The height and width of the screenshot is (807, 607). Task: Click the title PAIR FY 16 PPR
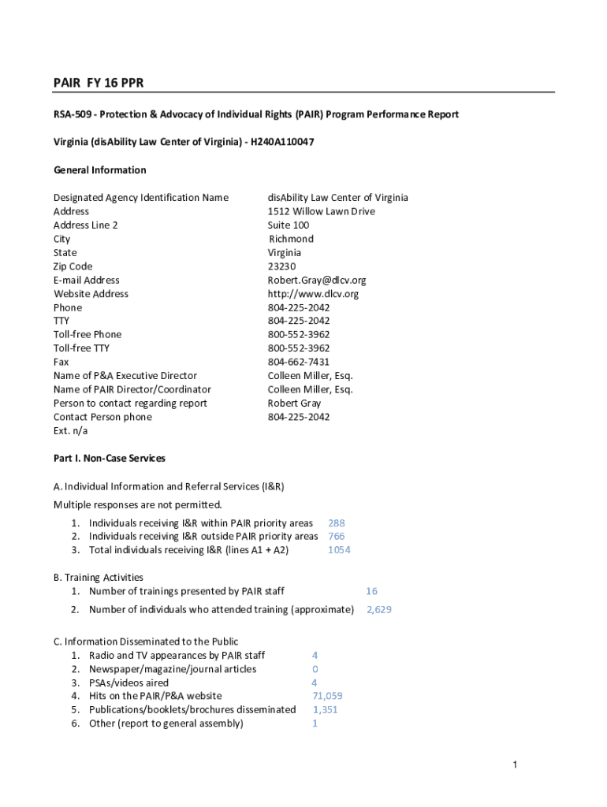[x=99, y=83]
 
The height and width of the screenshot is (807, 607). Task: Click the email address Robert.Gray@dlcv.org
[x=317, y=280]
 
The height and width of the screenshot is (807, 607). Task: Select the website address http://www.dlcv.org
[x=313, y=294]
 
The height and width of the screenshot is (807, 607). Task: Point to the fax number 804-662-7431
[x=299, y=362]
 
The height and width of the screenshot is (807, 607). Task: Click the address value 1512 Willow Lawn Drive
[x=322, y=211]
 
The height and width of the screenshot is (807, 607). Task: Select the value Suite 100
[x=289, y=225]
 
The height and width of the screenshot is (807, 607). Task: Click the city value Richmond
[x=291, y=239]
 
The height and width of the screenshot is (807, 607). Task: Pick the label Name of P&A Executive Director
[x=125, y=376]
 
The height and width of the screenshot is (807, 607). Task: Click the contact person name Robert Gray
[x=295, y=403]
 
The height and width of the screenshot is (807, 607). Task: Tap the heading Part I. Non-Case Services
[x=110, y=458]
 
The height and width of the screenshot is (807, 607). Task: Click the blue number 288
[x=337, y=523]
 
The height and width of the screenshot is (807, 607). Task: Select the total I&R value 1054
[x=339, y=550]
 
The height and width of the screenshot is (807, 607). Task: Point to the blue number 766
[x=337, y=537]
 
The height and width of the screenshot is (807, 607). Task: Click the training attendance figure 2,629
[x=378, y=610]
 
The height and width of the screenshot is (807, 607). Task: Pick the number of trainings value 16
[x=371, y=591]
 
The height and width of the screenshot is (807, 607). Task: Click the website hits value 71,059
[x=327, y=696]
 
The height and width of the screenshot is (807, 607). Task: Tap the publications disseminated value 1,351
[x=325, y=709]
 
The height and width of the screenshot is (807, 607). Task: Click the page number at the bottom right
[x=514, y=764]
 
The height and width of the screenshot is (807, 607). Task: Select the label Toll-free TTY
[x=81, y=348]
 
